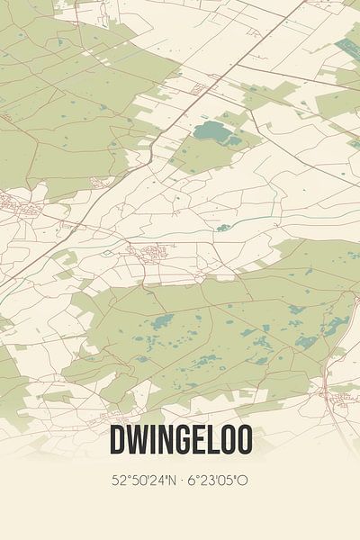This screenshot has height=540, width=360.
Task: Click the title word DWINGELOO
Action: [180, 440]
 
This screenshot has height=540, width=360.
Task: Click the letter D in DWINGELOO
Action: [117, 440]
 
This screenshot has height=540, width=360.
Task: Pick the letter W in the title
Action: [137, 440]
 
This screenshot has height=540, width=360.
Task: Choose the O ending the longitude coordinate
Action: [243, 481]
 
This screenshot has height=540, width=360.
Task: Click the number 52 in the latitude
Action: [118, 481]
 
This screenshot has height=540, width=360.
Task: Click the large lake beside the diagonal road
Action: [212, 133]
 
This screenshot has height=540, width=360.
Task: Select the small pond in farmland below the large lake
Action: [223, 227]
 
